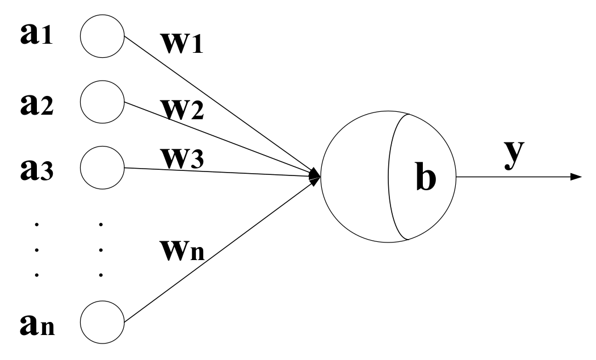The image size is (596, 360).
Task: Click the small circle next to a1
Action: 102,39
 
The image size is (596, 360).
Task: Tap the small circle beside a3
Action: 102,168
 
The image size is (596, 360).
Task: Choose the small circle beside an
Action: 102,321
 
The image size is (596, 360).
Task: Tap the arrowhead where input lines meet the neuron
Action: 314,176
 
